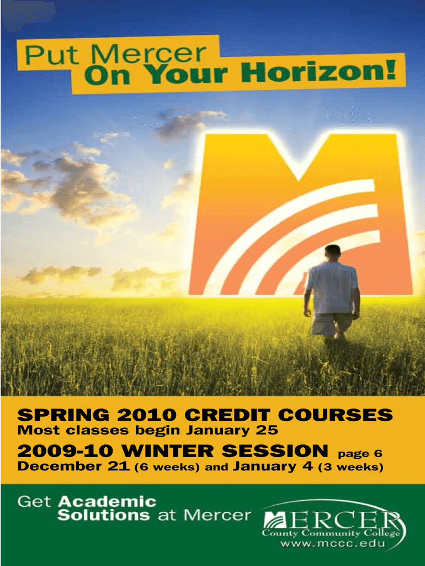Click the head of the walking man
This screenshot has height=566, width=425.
click(x=332, y=253)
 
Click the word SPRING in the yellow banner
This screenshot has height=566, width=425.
click(x=63, y=415)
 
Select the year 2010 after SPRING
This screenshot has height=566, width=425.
click(x=147, y=415)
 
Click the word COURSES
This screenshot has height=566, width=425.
click(x=335, y=415)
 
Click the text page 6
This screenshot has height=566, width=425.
click(x=360, y=454)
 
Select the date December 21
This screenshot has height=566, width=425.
click(x=73, y=466)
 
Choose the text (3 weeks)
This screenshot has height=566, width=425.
click(x=350, y=467)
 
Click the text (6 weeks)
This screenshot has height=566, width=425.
click(x=167, y=467)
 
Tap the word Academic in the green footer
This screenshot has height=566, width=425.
click(x=108, y=501)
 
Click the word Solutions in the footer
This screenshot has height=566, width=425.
click(x=103, y=515)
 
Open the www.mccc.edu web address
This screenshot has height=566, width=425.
click(x=333, y=543)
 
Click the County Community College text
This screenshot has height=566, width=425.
click(x=331, y=533)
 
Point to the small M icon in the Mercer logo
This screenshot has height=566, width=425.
click(x=275, y=521)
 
